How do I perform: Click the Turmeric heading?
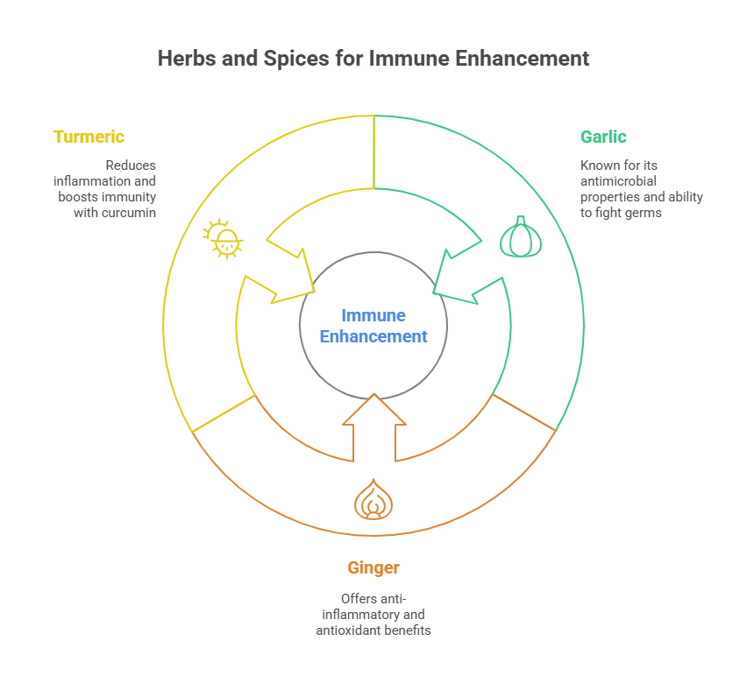pyautogui.click(x=89, y=137)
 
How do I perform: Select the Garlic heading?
pyautogui.click(x=603, y=137)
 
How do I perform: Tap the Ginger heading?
pyautogui.click(x=373, y=568)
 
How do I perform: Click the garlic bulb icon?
pyautogui.click(x=521, y=236)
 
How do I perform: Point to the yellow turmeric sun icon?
pyautogui.click(x=224, y=239)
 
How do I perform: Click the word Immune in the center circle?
pyautogui.click(x=373, y=316)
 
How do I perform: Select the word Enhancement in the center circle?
pyautogui.click(x=373, y=336)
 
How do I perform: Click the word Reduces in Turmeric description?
pyautogui.click(x=132, y=165)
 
